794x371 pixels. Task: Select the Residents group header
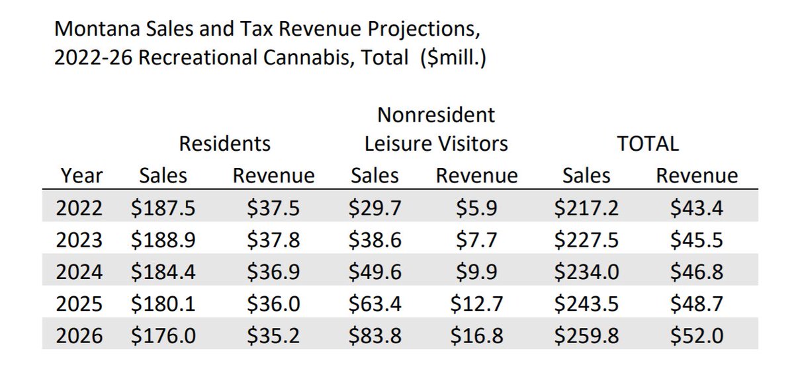click(225, 144)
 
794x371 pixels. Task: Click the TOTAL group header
click(648, 144)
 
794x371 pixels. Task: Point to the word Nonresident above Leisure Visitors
click(436, 114)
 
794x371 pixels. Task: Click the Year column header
click(82, 176)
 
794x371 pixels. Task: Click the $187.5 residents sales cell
click(163, 208)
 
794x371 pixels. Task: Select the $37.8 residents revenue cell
click(273, 239)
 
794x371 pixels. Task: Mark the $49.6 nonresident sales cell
click(375, 272)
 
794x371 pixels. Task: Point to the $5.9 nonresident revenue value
click(476, 208)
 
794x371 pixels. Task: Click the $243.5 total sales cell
click(586, 304)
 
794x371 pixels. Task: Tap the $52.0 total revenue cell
click(697, 336)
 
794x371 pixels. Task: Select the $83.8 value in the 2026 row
click(375, 336)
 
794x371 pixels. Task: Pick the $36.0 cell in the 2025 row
click(273, 304)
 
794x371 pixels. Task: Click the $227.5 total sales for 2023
click(586, 239)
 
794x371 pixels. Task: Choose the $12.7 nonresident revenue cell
click(476, 304)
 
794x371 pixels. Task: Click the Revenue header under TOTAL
click(697, 176)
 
